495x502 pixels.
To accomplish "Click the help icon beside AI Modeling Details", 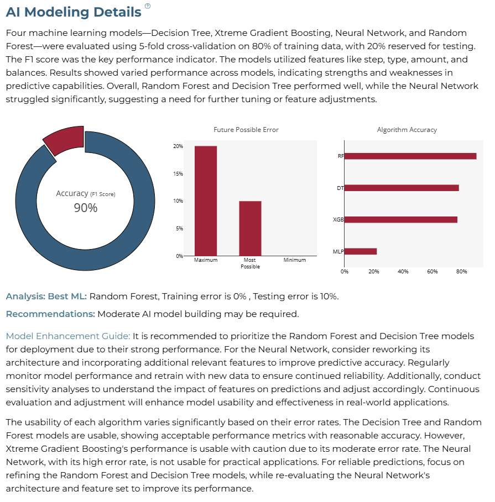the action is (x=148, y=6).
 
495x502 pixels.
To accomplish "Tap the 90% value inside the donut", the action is (x=86, y=208).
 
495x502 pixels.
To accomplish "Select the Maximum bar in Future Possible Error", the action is (x=206, y=200).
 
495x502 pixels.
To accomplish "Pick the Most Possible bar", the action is (x=250, y=228).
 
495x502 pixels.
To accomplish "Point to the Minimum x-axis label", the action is (x=295, y=260).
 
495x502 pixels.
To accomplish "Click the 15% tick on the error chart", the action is (x=178, y=173).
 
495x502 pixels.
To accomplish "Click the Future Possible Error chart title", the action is (x=246, y=130).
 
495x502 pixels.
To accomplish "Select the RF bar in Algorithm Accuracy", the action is (x=410, y=156).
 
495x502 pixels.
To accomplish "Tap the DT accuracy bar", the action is (x=402, y=188).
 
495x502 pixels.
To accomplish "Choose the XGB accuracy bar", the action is (x=401, y=220).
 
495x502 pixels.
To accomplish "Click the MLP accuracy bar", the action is (x=361, y=251).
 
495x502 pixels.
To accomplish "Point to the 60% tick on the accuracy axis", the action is (x=432, y=272).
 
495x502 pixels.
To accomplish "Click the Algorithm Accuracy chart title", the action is (x=407, y=130).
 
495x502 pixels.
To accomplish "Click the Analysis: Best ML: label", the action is (x=46, y=297).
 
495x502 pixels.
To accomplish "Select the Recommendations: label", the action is (x=50, y=314).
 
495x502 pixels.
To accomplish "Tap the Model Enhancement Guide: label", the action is (x=68, y=336).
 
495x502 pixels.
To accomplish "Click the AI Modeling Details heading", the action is (x=74, y=12).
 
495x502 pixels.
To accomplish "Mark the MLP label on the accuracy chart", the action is (x=338, y=252).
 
